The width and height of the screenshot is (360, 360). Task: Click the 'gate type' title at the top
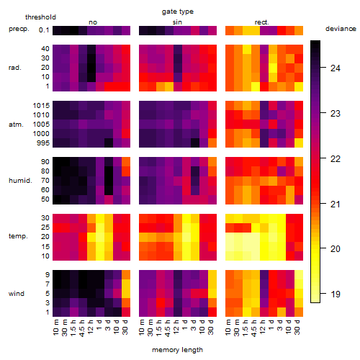(x=178, y=12)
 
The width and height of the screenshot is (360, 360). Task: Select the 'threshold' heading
(x=40, y=17)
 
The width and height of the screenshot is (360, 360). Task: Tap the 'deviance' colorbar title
(x=341, y=29)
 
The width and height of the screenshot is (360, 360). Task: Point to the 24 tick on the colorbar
(x=336, y=68)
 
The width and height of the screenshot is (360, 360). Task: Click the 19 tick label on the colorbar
(x=336, y=294)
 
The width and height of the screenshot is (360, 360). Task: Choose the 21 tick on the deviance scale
(x=336, y=204)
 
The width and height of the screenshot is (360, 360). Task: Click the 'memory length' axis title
(x=177, y=350)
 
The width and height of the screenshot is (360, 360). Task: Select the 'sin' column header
(x=177, y=22)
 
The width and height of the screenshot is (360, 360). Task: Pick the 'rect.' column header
(x=262, y=22)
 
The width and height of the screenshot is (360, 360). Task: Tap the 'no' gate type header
(x=93, y=22)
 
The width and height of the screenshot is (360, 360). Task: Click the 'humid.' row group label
(x=20, y=181)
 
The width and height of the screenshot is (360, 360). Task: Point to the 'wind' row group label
(x=17, y=294)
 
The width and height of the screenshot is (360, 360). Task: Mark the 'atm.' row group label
(x=16, y=125)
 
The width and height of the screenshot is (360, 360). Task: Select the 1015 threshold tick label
(x=41, y=106)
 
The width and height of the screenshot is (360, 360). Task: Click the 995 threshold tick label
(x=43, y=143)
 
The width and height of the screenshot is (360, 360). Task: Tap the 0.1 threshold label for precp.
(x=44, y=30)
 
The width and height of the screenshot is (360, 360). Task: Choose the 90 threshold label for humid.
(x=45, y=162)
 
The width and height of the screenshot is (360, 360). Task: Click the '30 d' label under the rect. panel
(x=297, y=327)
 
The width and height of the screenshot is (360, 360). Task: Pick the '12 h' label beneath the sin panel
(x=176, y=327)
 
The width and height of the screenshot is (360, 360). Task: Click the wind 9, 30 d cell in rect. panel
(x=299, y=274)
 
